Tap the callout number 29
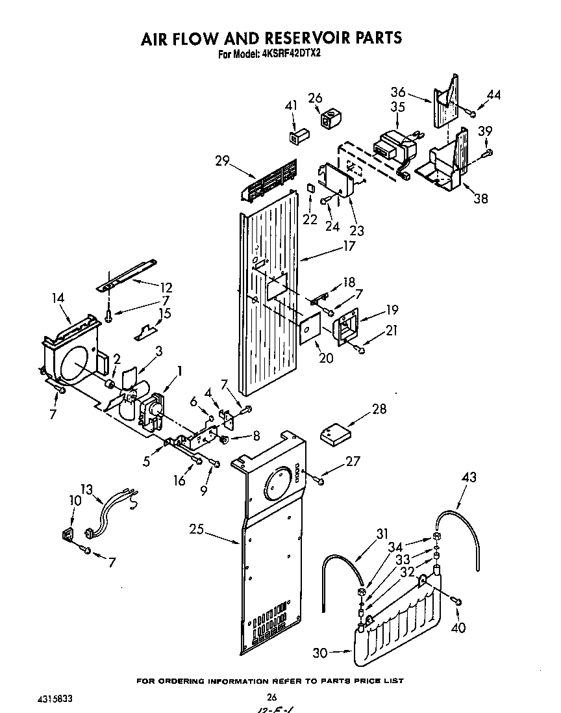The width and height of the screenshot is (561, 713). pos(223,161)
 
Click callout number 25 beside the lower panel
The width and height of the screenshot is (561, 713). pos(197,530)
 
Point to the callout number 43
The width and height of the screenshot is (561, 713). pos(469,478)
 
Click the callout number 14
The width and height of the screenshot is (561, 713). pos(59,298)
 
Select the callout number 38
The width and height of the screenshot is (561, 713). pos(480,198)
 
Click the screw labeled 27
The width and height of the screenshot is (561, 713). pos(318,479)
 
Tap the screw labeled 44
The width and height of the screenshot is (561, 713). pos(472,114)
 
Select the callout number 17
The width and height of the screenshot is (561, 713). pos(349,246)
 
